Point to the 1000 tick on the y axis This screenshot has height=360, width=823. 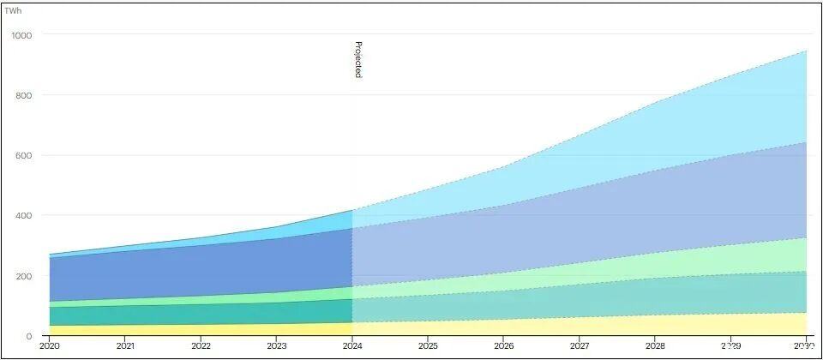tap(21, 35)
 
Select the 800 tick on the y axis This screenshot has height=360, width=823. tap(23, 95)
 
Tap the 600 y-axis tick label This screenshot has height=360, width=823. tap(23, 155)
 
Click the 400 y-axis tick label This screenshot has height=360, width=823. tap(23, 216)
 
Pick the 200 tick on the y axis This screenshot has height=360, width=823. tap(23, 276)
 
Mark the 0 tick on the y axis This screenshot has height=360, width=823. tap(28, 336)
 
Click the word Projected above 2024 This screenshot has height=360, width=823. tap(358, 59)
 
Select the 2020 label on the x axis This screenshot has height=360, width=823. tap(50, 346)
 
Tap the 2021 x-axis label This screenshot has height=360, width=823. tap(125, 346)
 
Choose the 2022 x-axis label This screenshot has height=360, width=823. tap(201, 346)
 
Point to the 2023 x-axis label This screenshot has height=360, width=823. tap(276, 346)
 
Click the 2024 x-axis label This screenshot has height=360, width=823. tap(352, 346)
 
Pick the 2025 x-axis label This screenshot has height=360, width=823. tap(428, 346)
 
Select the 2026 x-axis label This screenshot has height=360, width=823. tap(503, 346)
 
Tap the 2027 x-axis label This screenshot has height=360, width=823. tap(579, 346)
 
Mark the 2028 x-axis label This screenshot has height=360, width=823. tap(654, 346)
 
